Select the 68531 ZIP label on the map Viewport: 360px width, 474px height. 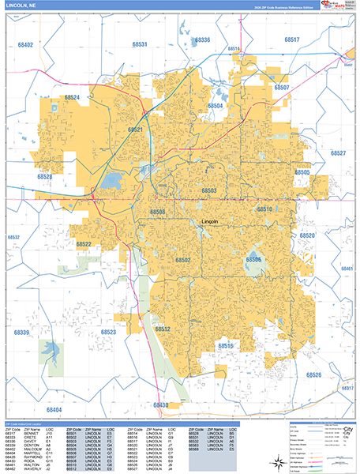139,45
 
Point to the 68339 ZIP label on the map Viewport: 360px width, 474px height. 21,333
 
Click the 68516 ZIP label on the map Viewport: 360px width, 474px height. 227,345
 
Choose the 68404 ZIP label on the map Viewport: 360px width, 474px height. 54,410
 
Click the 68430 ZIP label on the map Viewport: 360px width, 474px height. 160,405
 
